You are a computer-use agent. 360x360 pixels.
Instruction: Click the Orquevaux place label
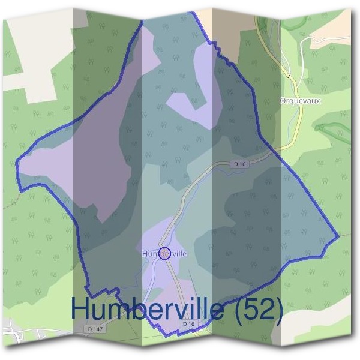coord(300,101)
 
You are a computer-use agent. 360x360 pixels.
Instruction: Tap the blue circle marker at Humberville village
coord(166,253)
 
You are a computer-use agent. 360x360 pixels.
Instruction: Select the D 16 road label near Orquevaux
coord(240,164)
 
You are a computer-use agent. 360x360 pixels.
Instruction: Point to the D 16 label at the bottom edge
coord(188,324)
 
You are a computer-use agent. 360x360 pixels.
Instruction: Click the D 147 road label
coord(95,329)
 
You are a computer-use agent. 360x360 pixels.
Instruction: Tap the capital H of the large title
coord(80,309)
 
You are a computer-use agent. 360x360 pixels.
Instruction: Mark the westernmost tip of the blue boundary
coord(16,161)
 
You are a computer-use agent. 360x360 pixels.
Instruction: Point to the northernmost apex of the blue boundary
coord(142,21)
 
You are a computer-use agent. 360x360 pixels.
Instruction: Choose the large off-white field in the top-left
coord(30,48)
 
